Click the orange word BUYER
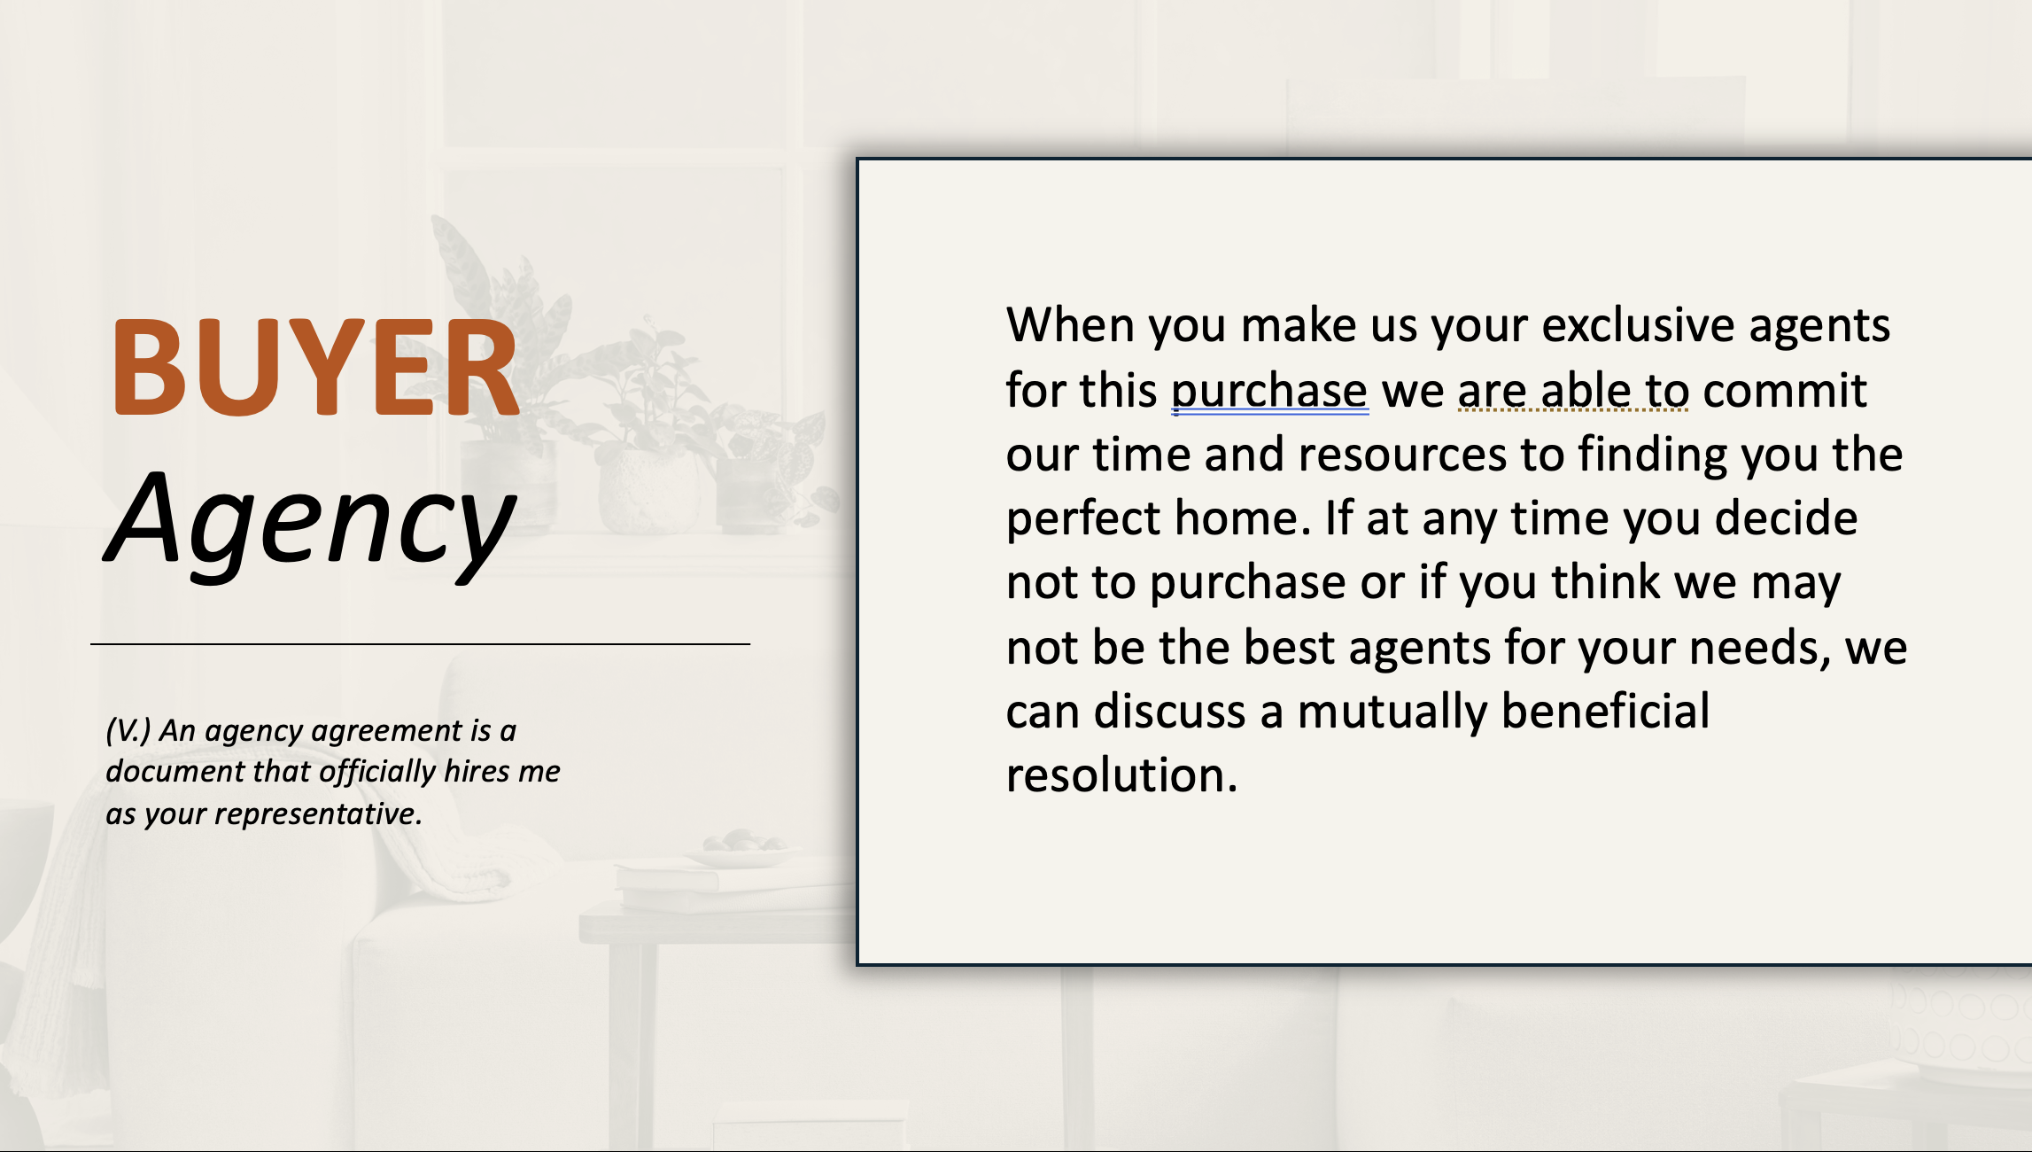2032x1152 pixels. tap(314, 368)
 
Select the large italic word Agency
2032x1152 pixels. tap(310, 523)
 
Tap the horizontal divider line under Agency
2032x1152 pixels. tap(420, 644)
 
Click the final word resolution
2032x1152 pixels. tap(1121, 775)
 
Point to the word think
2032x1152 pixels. tap(1606, 582)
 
